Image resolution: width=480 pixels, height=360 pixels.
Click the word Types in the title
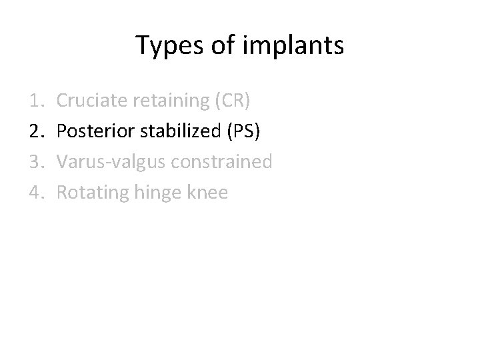coord(166,47)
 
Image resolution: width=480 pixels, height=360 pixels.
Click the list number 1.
coord(37,101)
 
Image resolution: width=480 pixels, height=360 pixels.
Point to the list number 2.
coord(37,131)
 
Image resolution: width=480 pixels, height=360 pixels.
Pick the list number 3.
coord(37,162)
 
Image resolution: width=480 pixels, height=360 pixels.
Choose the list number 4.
coord(37,193)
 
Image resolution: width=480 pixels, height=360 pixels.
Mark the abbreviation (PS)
coord(243,131)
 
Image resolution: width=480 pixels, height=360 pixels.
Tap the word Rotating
coord(92,193)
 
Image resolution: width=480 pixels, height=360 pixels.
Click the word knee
coord(209,193)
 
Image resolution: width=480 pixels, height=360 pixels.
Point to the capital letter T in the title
coord(142,45)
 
